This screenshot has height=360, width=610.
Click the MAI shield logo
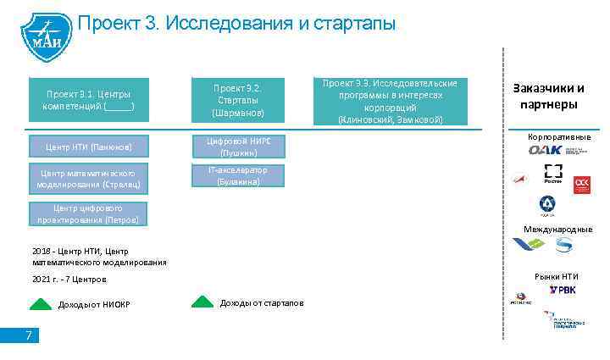41,34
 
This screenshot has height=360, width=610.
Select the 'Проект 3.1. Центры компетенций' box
89,101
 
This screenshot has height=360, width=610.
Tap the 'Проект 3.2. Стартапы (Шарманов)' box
238,101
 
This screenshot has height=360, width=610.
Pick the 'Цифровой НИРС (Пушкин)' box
238,147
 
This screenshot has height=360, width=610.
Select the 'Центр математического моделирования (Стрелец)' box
89,178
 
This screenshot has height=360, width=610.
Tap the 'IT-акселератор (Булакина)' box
238,175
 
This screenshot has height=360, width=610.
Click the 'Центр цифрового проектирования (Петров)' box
89,214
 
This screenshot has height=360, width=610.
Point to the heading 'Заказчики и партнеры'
549,96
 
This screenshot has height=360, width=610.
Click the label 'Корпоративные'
559,137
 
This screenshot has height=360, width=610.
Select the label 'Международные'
557,230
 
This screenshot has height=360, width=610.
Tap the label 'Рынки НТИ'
556,276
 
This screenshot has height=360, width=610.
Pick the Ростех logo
552,173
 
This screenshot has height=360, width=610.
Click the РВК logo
562,291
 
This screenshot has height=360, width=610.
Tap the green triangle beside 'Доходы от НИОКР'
41,304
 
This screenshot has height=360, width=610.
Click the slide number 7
28,336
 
